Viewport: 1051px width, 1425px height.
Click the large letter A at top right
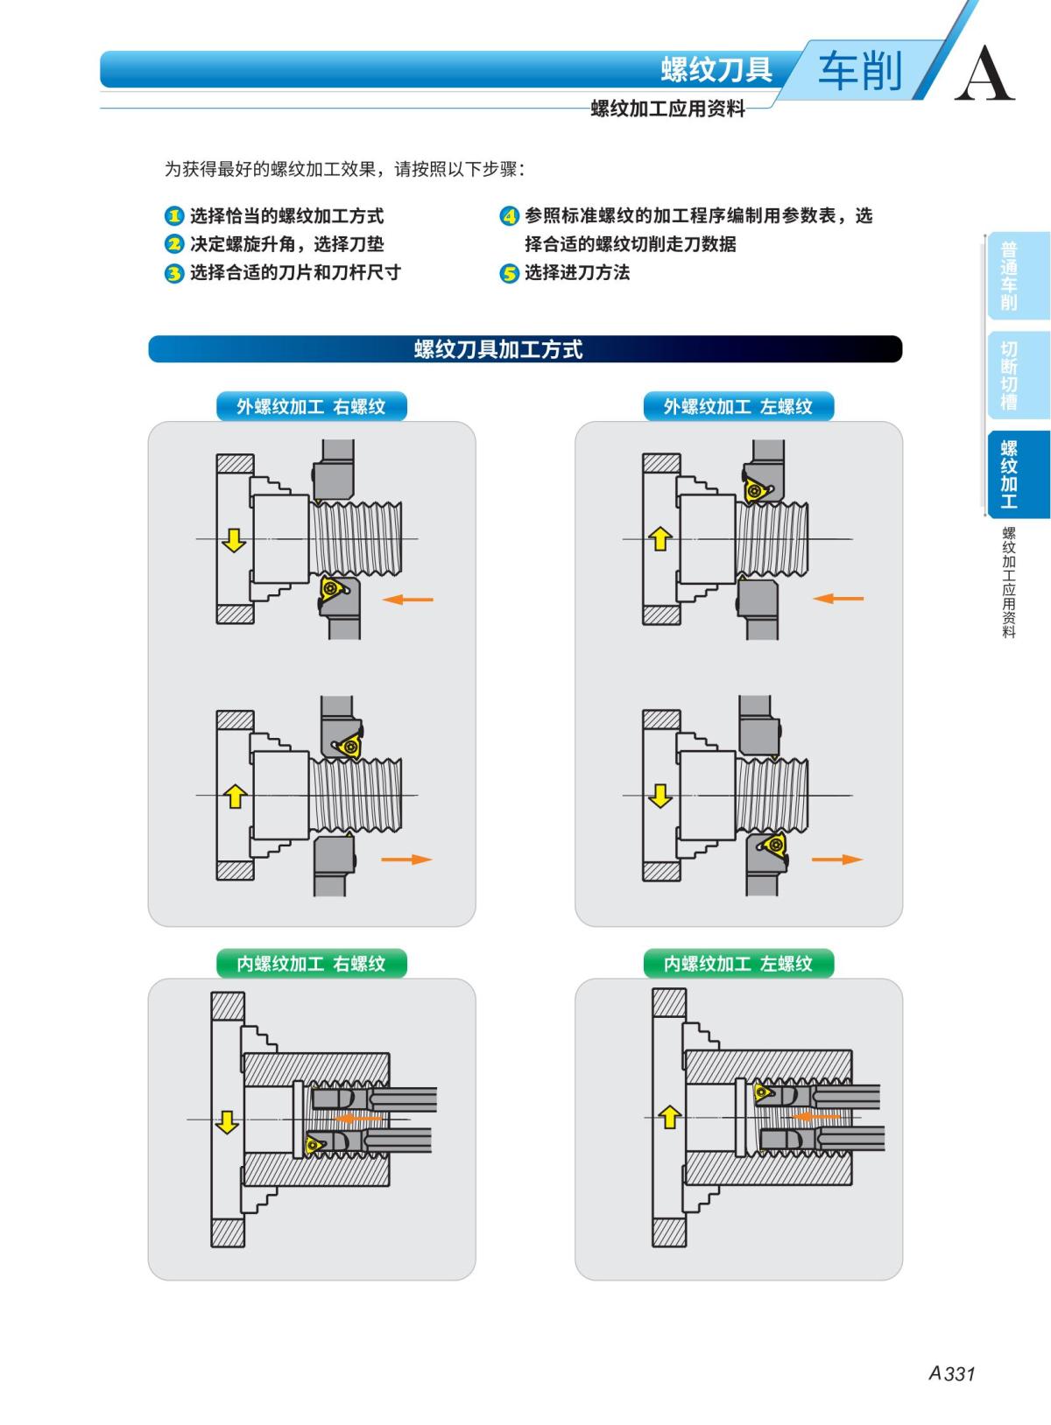pyautogui.click(x=984, y=74)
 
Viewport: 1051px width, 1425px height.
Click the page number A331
pyautogui.click(x=951, y=1373)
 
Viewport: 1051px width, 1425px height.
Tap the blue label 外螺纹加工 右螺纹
pyautogui.click(x=311, y=406)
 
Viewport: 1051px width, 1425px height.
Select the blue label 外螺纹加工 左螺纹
pyautogui.click(x=737, y=406)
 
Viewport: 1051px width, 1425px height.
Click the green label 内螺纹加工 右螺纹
pyautogui.click(x=311, y=964)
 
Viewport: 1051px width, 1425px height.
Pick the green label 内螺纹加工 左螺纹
pyautogui.click(x=737, y=964)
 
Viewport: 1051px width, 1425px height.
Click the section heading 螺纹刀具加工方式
pyautogui.click(x=497, y=349)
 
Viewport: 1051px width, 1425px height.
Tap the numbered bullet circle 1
pyautogui.click(x=174, y=216)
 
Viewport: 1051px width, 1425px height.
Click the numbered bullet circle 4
pyautogui.click(x=509, y=216)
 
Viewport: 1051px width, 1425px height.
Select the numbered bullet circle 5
pyautogui.click(x=509, y=273)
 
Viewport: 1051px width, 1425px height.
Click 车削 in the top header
pyautogui.click(x=859, y=71)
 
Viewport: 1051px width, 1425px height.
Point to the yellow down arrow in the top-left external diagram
pyautogui.click(x=233, y=539)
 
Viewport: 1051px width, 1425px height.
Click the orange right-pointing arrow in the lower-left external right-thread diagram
pyautogui.click(x=406, y=860)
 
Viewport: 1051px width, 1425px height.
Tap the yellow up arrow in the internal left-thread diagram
pyautogui.click(x=670, y=1116)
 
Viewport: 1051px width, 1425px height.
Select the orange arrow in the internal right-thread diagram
pyautogui.click(x=359, y=1119)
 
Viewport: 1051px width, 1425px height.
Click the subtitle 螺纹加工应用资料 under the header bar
pyautogui.click(x=667, y=109)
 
